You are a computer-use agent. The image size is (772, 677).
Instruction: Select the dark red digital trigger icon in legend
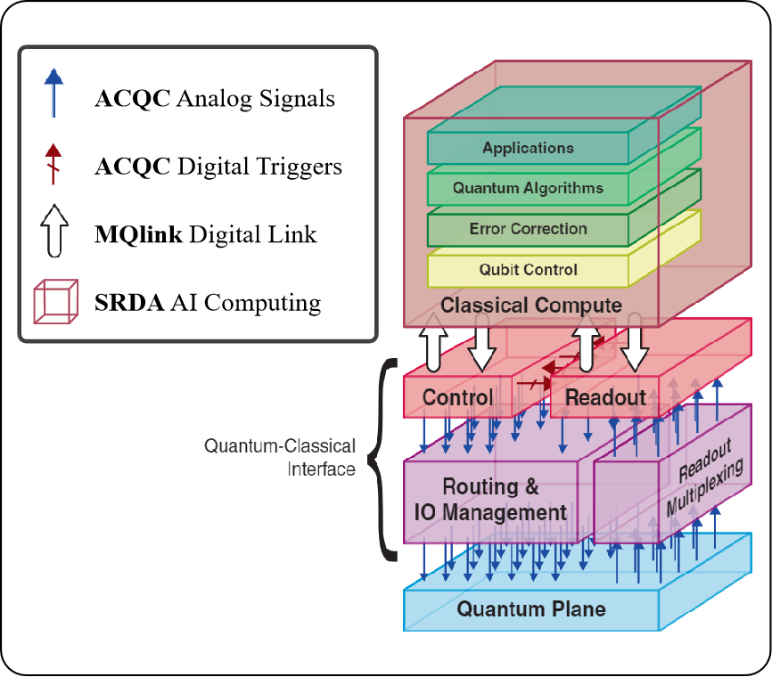53,164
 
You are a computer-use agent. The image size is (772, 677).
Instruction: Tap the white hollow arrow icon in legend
54,232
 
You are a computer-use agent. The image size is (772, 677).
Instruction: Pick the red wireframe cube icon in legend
54,302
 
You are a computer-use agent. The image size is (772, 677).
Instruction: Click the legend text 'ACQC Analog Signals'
215,98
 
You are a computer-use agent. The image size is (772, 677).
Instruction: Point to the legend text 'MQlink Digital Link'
206,235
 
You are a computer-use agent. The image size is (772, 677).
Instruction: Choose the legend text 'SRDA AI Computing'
208,303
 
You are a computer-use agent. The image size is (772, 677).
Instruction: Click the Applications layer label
528,148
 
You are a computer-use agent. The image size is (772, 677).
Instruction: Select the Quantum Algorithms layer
528,188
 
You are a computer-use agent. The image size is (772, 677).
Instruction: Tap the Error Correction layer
528,229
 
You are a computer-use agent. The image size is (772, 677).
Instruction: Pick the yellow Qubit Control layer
528,269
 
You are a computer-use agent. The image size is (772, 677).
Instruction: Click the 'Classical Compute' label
531,306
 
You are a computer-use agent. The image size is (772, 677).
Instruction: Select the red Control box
457,397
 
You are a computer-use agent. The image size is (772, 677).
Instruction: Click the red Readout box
605,397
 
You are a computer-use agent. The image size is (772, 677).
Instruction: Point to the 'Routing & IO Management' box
492,500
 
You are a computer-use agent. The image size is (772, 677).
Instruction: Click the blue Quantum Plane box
531,609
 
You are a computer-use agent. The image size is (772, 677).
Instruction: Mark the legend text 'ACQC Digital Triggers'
218,167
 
